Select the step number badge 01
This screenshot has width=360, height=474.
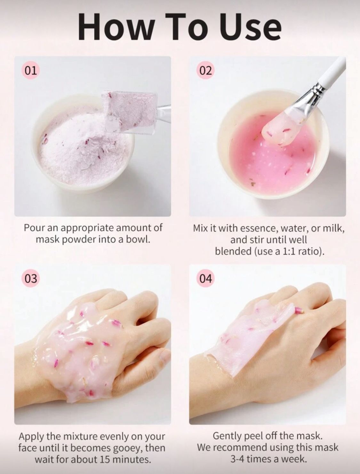pyautogui.click(x=31, y=70)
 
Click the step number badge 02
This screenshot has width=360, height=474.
pyautogui.click(x=206, y=70)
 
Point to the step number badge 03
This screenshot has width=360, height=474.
pyautogui.click(x=31, y=278)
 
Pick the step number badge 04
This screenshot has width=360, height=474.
pyautogui.click(x=206, y=278)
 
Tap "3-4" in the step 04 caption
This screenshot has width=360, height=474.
pyautogui.click(x=238, y=459)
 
